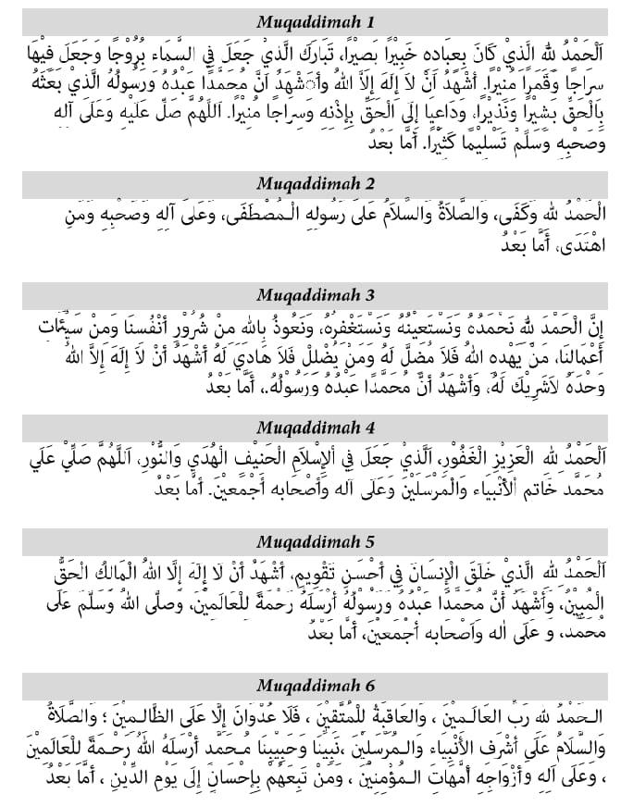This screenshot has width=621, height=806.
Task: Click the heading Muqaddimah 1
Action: (310, 21)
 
